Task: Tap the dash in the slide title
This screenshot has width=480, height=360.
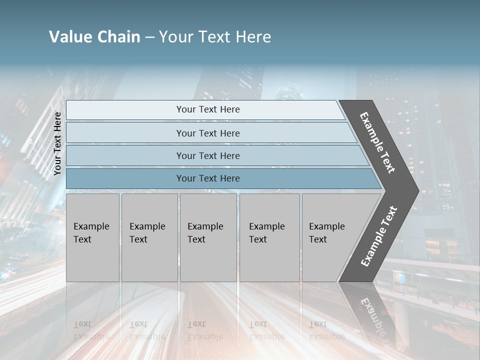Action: (x=149, y=37)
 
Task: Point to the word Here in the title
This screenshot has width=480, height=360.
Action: (x=253, y=37)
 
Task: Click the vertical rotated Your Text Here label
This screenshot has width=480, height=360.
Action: (x=57, y=143)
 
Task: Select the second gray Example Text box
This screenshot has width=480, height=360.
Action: (x=149, y=237)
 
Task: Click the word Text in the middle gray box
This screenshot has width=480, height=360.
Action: (x=196, y=239)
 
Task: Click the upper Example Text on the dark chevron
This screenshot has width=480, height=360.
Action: (x=377, y=142)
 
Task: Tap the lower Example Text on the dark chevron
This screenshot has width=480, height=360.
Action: (x=379, y=236)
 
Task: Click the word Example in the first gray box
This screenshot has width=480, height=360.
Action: (x=91, y=226)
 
